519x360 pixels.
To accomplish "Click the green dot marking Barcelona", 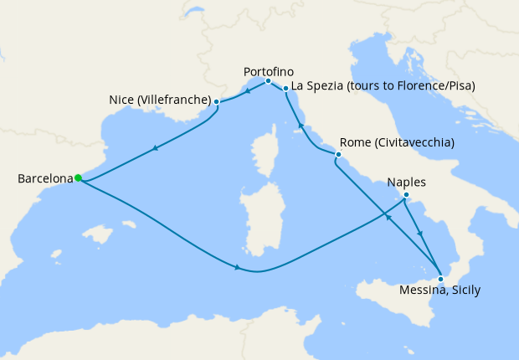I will (x=78, y=177).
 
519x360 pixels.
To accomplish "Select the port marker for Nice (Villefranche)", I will (x=217, y=102).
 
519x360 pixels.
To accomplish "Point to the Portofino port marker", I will (x=268, y=81).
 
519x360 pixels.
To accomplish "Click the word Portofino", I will (x=268, y=71).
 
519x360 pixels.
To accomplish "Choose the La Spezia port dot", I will (x=285, y=88).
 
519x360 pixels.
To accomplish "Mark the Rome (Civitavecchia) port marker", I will (x=337, y=155).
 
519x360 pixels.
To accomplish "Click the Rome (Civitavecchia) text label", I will (x=398, y=142).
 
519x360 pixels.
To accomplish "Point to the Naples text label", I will (x=406, y=182).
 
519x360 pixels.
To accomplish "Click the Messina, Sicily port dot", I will (x=440, y=279).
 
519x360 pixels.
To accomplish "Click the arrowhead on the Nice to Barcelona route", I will (x=155, y=149).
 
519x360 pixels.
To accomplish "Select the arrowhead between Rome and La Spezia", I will (x=301, y=126).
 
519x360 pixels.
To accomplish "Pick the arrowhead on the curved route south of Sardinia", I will (x=239, y=268).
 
